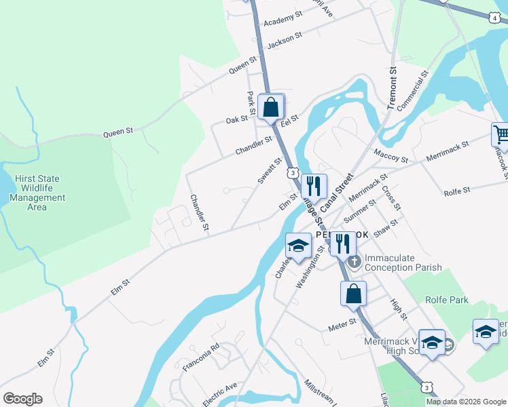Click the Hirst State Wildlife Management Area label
click(x=38, y=193)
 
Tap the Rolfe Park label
click(x=446, y=299)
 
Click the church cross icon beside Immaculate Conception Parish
click(x=352, y=260)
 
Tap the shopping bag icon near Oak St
click(x=271, y=106)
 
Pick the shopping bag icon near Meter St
click(x=352, y=294)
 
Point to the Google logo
click(x=22, y=398)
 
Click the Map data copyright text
click(x=466, y=402)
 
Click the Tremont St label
click(x=392, y=88)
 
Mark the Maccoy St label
click(x=391, y=156)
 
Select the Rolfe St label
click(x=456, y=192)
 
